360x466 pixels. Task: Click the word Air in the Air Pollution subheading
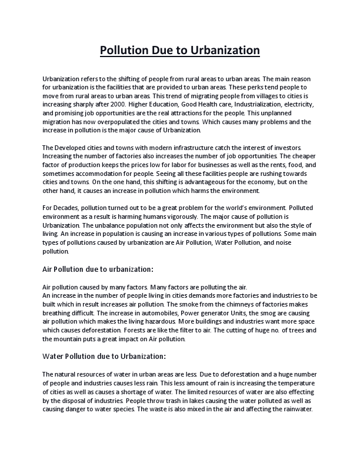click(x=49, y=269)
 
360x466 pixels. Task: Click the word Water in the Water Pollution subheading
click(x=55, y=356)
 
